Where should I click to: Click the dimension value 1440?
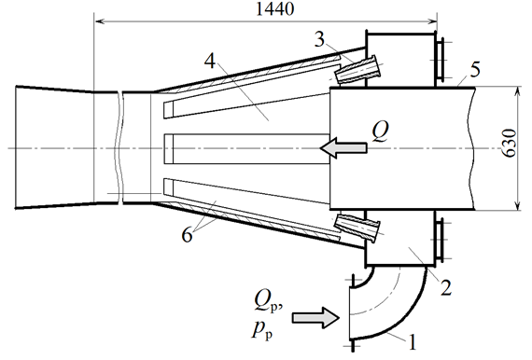[x=274, y=8]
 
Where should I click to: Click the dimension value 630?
[x=509, y=143]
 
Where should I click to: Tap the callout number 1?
[x=412, y=341]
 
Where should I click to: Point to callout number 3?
[x=319, y=39]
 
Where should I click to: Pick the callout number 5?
[x=475, y=70]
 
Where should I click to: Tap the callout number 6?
[x=187, y=234]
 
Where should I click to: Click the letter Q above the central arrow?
[x=380, y=131]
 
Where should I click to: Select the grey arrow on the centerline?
[x=343, y=147]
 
